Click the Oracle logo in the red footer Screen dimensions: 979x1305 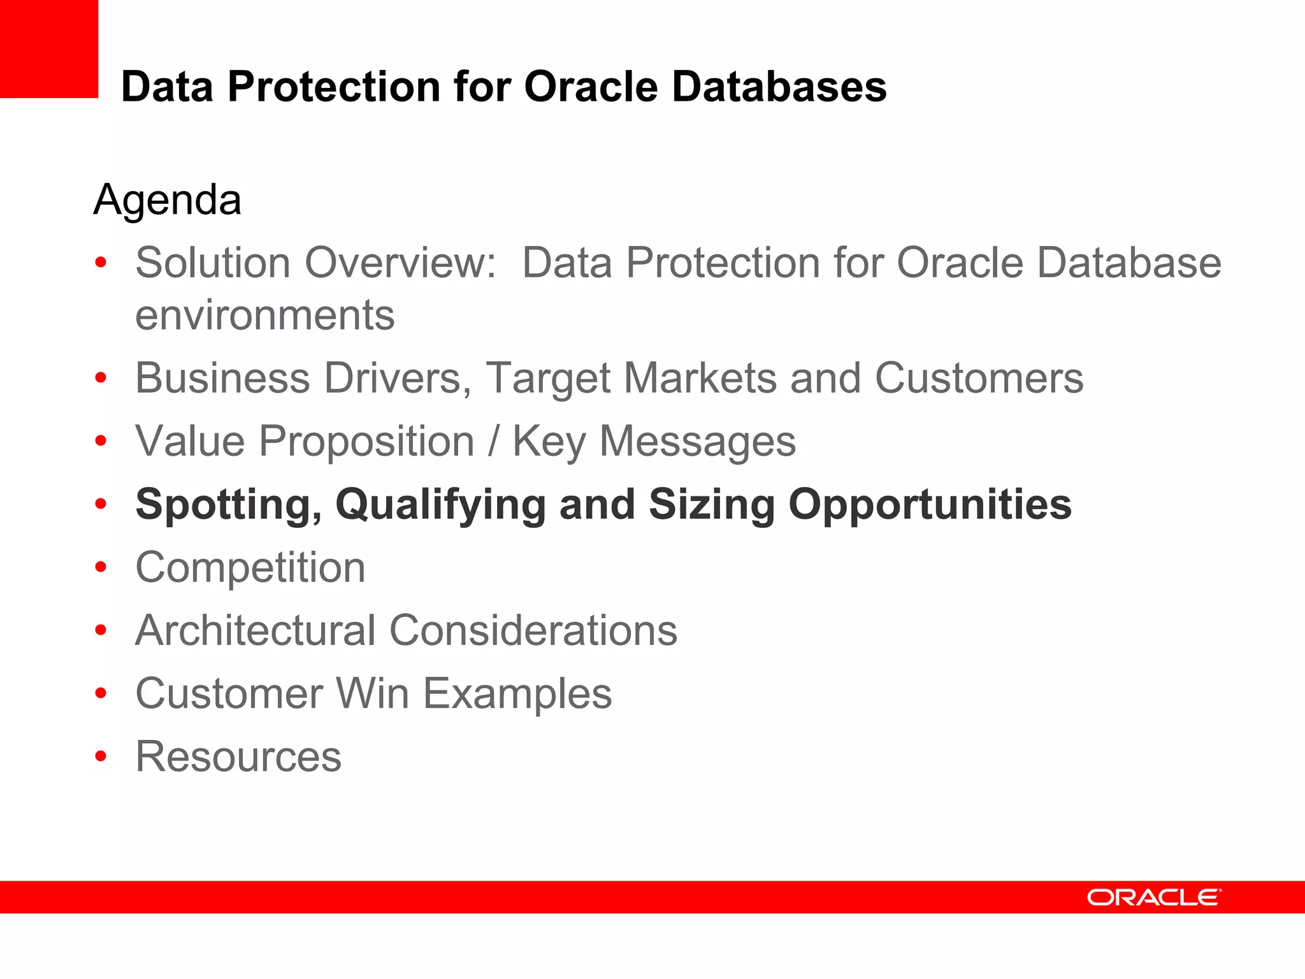coord(1153,897)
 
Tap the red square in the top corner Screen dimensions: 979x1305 coord(48,48)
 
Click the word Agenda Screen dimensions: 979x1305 coord(167,199)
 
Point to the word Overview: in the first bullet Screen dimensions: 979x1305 coord(400,263)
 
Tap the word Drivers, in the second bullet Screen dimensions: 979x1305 coord(398,378)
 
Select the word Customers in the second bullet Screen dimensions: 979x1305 coord(979,378)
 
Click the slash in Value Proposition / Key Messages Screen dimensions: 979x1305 coord(493,441)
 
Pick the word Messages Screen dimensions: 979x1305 coord(697,441)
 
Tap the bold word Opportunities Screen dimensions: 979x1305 coord(930,504)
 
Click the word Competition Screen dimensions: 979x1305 coord(250,567)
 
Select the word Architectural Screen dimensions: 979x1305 coord(255,630)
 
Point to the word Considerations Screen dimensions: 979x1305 coord(533,630)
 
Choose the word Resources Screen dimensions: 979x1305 coord(238,757)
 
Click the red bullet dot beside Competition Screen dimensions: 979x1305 coord(101,567)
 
